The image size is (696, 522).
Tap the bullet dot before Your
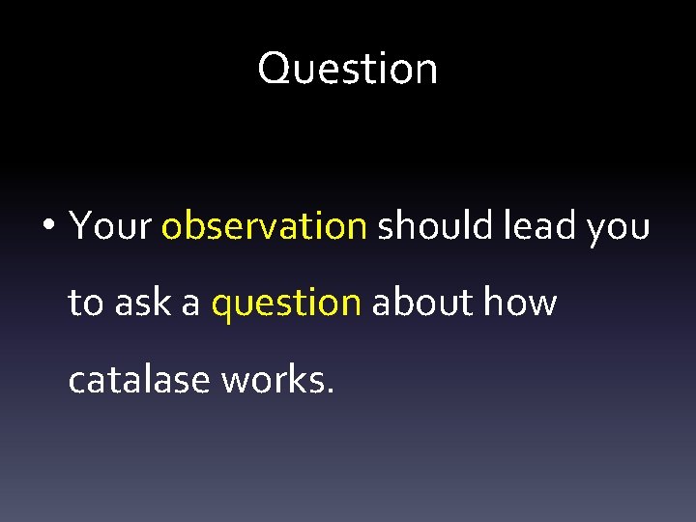pyautogui.click(x=47, y=227)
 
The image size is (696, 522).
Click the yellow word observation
pyautogui.click(x=264, y=226)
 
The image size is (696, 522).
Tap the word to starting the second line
pyautogui.click(x=85, y=304)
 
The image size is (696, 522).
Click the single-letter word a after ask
pyautogui.click(x=190, y=305)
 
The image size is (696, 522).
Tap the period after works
pyautogui.click(x=331, y=391)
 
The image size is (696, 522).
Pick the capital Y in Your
pyautogui.click(x=80, y=226)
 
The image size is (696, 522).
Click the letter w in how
pyautogui.click(x=541, y=305)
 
